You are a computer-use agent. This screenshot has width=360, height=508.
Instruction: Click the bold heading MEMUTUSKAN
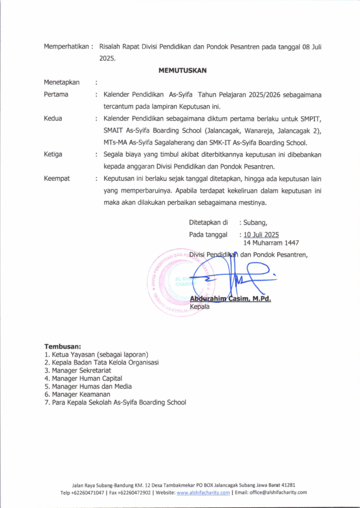point(182,70)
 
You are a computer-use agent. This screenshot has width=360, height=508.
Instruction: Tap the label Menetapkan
point(62,82)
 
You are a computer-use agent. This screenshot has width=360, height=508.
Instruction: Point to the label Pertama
point(56,94)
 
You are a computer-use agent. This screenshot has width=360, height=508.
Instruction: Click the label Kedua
point(53,119)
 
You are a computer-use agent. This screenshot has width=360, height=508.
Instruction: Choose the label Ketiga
point(53,154)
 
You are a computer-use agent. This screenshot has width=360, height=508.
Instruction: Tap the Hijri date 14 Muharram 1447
point(271,243)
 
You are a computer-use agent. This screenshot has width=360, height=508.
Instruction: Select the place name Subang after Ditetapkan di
point(256,222)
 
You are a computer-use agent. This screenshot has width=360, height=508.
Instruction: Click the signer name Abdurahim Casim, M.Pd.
point(230,299)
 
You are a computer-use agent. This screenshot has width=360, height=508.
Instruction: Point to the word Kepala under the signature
point(200,307)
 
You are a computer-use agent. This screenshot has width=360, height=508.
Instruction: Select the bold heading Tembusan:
point(63,346)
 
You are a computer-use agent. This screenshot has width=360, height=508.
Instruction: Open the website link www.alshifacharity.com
point(203,493)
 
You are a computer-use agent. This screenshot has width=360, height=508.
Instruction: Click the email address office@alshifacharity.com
point(278,493)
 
